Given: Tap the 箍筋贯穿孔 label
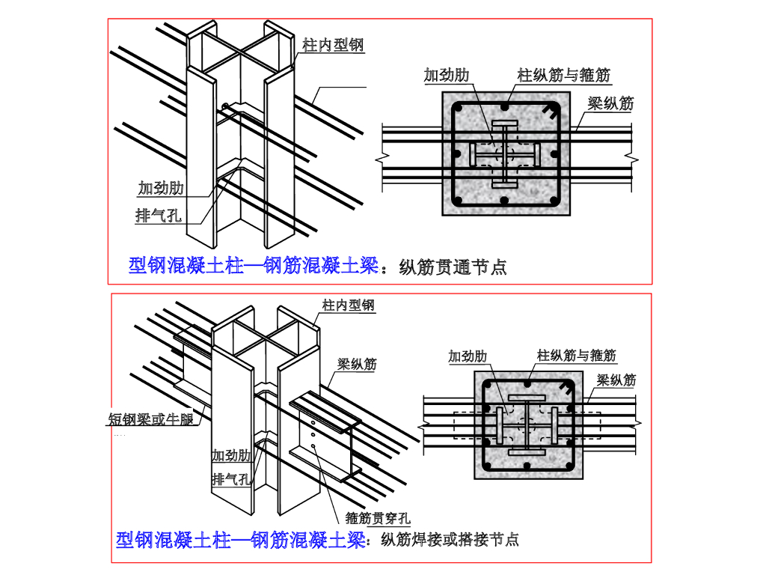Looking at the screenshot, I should click(x=379, y=517).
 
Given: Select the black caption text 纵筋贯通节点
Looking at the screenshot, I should click(x=453, y=266).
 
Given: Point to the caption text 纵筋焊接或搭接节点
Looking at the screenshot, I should click(x=450, y=539).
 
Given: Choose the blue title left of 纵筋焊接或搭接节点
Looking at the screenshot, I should click(x=240, y=539).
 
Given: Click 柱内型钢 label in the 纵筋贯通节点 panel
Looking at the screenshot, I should click(x=333, y=46).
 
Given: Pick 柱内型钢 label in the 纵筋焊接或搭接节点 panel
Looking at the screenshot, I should click(x=349, y=305).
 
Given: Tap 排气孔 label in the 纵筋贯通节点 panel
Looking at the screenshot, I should click(x=159, y=216).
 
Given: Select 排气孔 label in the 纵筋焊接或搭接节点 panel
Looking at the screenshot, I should click(x=231, y=478).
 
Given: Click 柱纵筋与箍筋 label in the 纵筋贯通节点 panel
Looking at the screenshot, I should click(x=564, y=75).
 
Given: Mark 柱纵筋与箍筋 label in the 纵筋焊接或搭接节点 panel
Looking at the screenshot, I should click(x=577, y=356).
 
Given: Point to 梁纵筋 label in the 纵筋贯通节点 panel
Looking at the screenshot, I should click(x=610, y=103).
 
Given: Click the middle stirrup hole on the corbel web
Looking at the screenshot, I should click(x=313, y=433).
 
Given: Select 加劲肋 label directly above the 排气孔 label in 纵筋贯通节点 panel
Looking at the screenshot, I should click(x=161, y=187).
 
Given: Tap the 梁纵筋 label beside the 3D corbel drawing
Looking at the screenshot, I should click(x=357, y=365).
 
